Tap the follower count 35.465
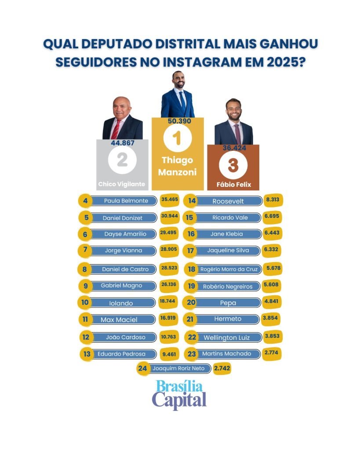pos(170,200)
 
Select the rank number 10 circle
pos(85,303)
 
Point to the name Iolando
pos(120,303)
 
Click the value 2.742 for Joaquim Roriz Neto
pos(222,369)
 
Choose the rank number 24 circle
pos(142,369)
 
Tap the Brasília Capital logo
pos(179,394)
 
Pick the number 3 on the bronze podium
pos(233,165)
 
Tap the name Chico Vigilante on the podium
pos(122,184)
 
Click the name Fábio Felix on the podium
pos(233,185)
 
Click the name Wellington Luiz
pos(226,337)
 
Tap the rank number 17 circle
pos(191,250)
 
